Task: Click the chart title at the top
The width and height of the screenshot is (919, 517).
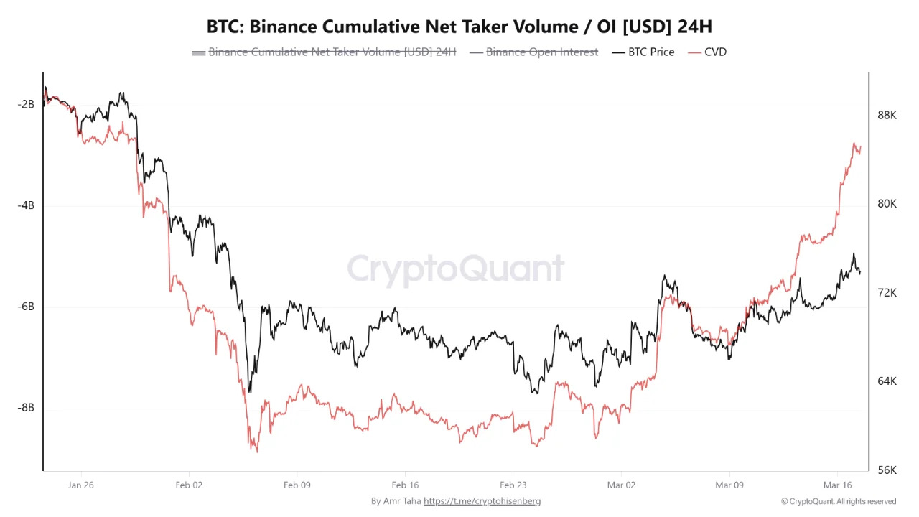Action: (x=459, y=27)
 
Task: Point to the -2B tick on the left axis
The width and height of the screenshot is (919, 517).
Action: (x=26, y=104)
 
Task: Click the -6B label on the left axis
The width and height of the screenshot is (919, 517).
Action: (x=26, y=307)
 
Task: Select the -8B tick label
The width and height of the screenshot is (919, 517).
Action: (x=26, y=408)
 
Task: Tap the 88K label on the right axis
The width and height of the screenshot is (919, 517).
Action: (x=887, y=115)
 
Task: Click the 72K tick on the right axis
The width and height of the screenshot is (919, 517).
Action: (x=887, y=292)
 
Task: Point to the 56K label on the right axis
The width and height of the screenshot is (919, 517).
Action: (x=887, y=470)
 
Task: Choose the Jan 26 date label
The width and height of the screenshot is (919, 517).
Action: (x=80, y=485)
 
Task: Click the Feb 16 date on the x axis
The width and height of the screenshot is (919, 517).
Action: (x=405, y=485)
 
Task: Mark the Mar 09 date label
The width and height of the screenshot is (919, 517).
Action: (x=729, y=485)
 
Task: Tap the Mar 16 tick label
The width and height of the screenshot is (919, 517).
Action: (x=837, y=485)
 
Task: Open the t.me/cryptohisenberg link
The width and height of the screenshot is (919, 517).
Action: (x=482, y=501)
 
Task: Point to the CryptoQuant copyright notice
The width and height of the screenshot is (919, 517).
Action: (x=839, y=501)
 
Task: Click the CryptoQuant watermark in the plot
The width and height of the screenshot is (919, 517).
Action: (x=456, y=269)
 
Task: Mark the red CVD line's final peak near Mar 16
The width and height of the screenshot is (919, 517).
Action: (x=855, y=144)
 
